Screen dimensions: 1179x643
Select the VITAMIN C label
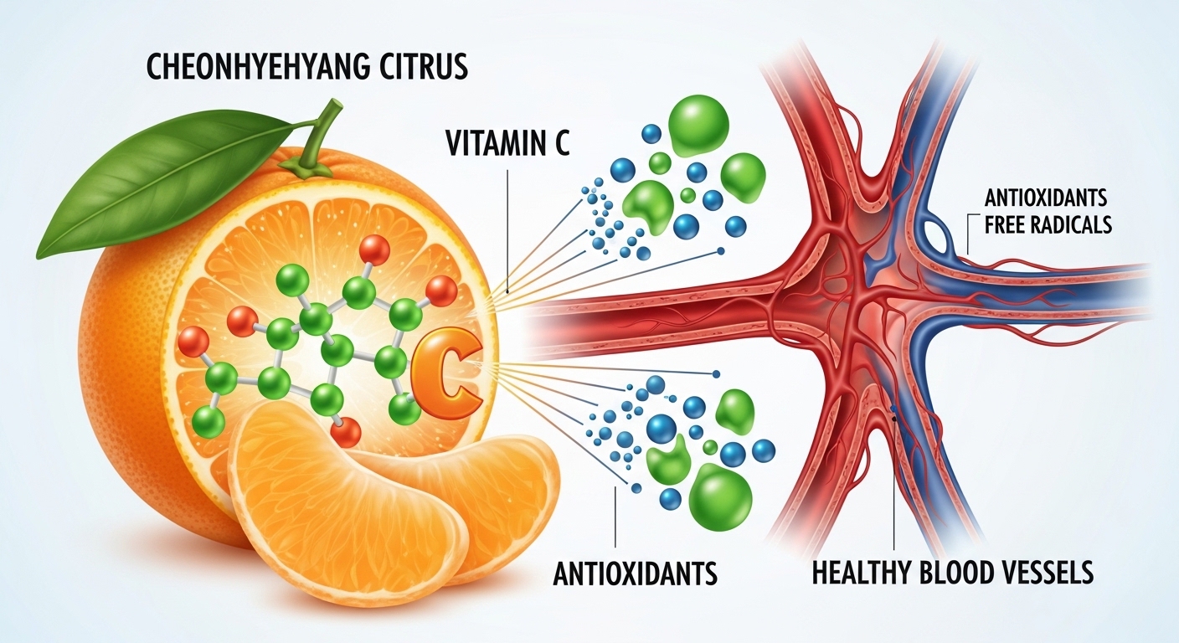[x=508, y=142]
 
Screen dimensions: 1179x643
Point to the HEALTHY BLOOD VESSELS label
[x=953, y=573]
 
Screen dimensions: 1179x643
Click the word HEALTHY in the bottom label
[x=860, y=573]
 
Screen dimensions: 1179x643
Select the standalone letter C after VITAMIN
[x=559, y=142]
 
